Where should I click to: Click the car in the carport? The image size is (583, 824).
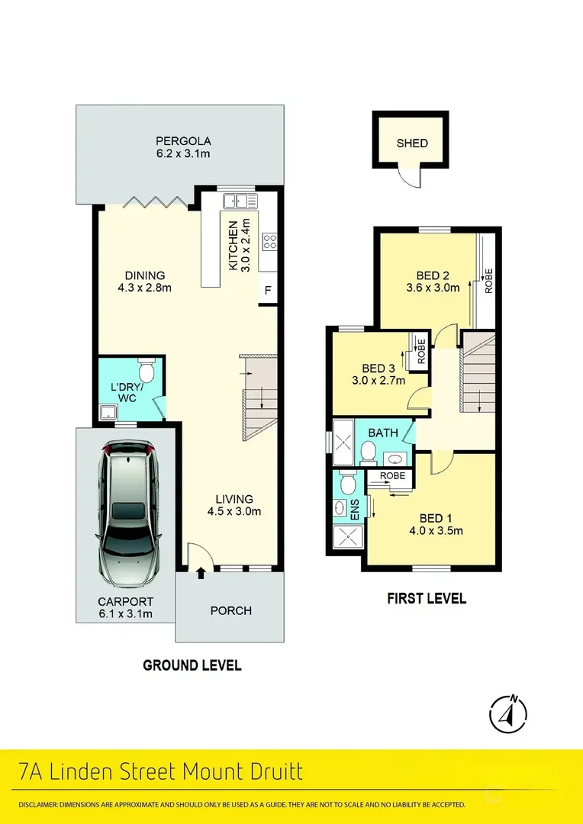point(127,513)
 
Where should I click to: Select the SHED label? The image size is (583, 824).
point(412,143)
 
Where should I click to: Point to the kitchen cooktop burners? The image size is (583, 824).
point(269,242)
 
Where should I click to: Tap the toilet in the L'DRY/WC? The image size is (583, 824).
point(146,370)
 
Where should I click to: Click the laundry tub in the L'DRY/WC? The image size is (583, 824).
point(108,413)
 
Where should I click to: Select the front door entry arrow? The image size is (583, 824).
point(200,573)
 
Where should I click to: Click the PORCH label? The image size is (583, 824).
point(230,610)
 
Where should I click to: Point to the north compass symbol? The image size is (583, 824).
point(507,713)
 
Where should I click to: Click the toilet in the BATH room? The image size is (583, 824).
point(368,452)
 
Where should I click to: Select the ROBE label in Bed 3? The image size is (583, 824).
point(420,352)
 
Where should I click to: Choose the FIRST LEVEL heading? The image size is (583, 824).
point(427,598)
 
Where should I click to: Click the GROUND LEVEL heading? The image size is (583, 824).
point(192,665)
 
